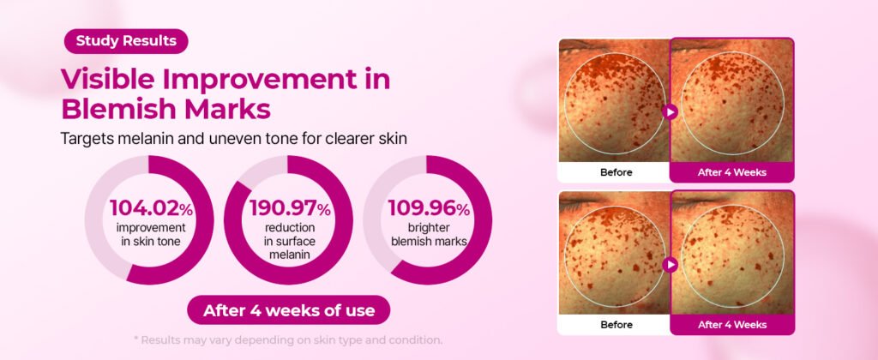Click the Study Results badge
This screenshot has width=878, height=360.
(126, 41)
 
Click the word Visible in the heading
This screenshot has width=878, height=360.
(105, 79)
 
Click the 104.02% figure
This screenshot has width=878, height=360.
(151, 208)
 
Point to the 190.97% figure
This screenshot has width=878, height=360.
(290, 208)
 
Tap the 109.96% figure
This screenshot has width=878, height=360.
(429, 208)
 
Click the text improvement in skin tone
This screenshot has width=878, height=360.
(151, 235)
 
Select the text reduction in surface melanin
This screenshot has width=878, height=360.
(290, 242)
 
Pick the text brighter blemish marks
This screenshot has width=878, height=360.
(429, 235)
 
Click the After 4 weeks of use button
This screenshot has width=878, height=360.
(289, 310)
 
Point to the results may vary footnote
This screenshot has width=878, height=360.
(288, 339)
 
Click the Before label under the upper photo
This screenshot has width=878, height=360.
(616, 172)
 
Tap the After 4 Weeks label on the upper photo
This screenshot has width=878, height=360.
(732, 172)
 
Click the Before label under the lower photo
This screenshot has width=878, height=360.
(616, 325)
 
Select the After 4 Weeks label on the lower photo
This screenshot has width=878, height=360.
(732, 325)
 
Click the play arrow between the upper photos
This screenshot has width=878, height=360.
(670, 112)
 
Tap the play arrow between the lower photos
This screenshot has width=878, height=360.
(670, 264)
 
